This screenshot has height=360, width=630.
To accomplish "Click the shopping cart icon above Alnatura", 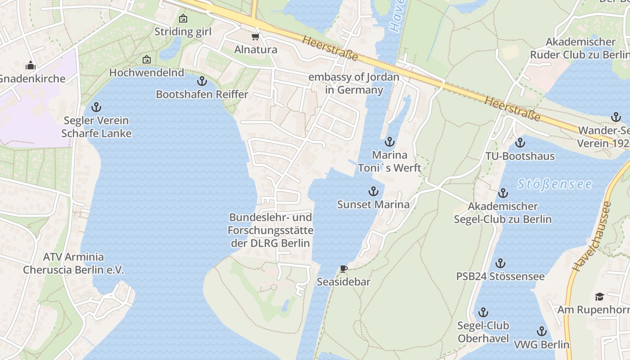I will (x=255, y=36).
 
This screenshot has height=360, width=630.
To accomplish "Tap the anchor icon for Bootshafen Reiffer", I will (x=202, y=81).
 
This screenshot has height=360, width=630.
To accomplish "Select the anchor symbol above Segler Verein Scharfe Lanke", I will (x=96, y=107).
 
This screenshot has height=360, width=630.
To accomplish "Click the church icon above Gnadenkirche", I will (x=31, y=66).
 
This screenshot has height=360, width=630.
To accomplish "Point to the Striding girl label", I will (x=183, y=31).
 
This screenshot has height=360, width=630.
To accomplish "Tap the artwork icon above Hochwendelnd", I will (x=147, y=59).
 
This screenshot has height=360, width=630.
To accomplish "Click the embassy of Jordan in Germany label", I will (x=354, y=83).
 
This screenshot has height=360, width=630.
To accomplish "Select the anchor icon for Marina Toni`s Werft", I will (x=389, y=142).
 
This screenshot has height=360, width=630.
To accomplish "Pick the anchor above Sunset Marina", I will (x=373, y=191).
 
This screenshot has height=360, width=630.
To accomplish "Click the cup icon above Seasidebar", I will (x=344, y=269).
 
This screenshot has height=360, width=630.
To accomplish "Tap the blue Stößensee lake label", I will (x=554, y=184).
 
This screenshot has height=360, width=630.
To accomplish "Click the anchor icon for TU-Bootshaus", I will (x=520, y=143).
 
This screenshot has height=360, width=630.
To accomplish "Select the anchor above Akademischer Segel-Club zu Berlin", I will (x=503, y=193).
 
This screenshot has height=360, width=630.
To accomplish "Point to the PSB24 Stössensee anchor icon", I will (x=500, y=263).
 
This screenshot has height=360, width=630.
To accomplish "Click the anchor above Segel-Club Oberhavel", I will (x=483, y=312).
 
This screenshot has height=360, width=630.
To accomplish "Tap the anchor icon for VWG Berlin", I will (x=542, y=332).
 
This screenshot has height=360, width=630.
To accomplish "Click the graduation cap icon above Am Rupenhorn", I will (x=599, y=297).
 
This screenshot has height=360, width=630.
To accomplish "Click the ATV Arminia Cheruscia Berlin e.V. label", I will (x=73, y=263).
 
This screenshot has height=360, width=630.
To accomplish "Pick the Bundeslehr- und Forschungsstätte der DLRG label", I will (x=270, y=230).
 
